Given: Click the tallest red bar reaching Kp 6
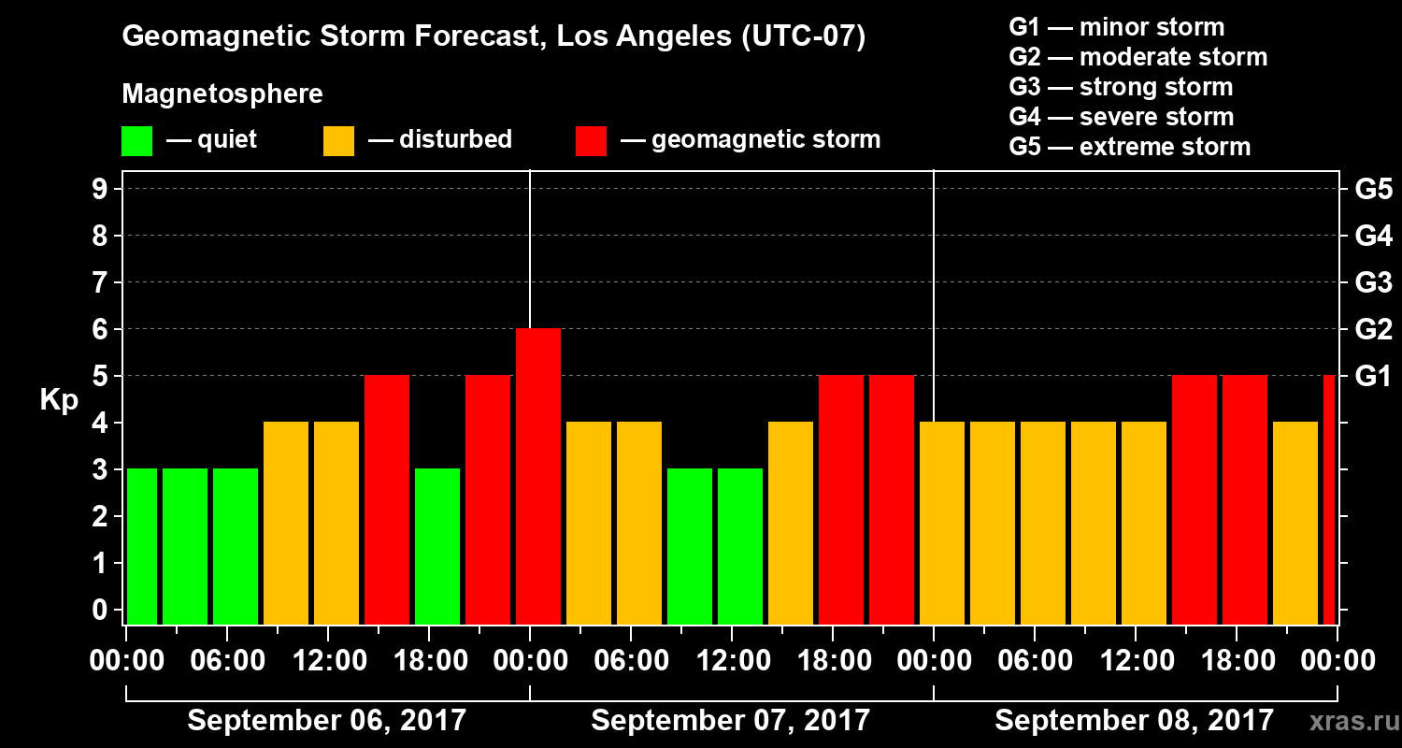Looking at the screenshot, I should point(538,476).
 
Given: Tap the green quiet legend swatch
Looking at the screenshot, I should point(136,140).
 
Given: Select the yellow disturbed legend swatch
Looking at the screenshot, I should point(338,140).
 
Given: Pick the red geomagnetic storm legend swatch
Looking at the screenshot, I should point(591,140).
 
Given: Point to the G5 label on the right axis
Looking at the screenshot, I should point(1373,190).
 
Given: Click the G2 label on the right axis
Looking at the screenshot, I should point(1373,330).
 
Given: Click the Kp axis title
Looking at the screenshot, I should point(59,400).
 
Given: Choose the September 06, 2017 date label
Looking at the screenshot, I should point(326,721).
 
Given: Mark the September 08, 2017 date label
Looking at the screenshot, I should point(1134,721).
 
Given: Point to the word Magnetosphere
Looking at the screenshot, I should point(222,94).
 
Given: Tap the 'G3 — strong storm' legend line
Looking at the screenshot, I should point(1121,87).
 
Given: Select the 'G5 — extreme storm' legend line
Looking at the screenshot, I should point(1129,147).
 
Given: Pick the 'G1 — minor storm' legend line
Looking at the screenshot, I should point(1116,27).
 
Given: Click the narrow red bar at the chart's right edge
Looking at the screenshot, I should point(1329,499).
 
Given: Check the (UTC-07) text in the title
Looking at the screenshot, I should point(802,37).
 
